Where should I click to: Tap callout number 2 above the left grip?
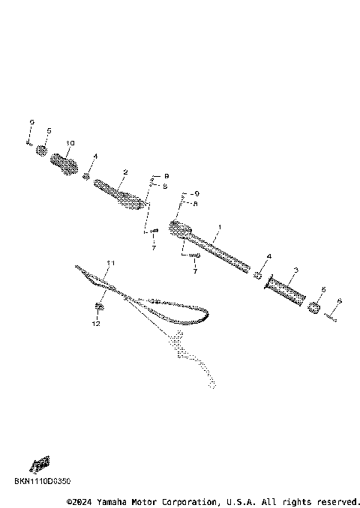click(125, 172)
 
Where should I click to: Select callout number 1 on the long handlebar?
click(220, 226)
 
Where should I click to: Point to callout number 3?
click(295, 270)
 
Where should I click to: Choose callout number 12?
click(96, 324)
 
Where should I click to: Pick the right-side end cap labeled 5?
click(315, 306)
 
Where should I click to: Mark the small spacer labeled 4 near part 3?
click(259, 275)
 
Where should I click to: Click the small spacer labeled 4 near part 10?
click(87, 177)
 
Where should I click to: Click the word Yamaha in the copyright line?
click(113, 501)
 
